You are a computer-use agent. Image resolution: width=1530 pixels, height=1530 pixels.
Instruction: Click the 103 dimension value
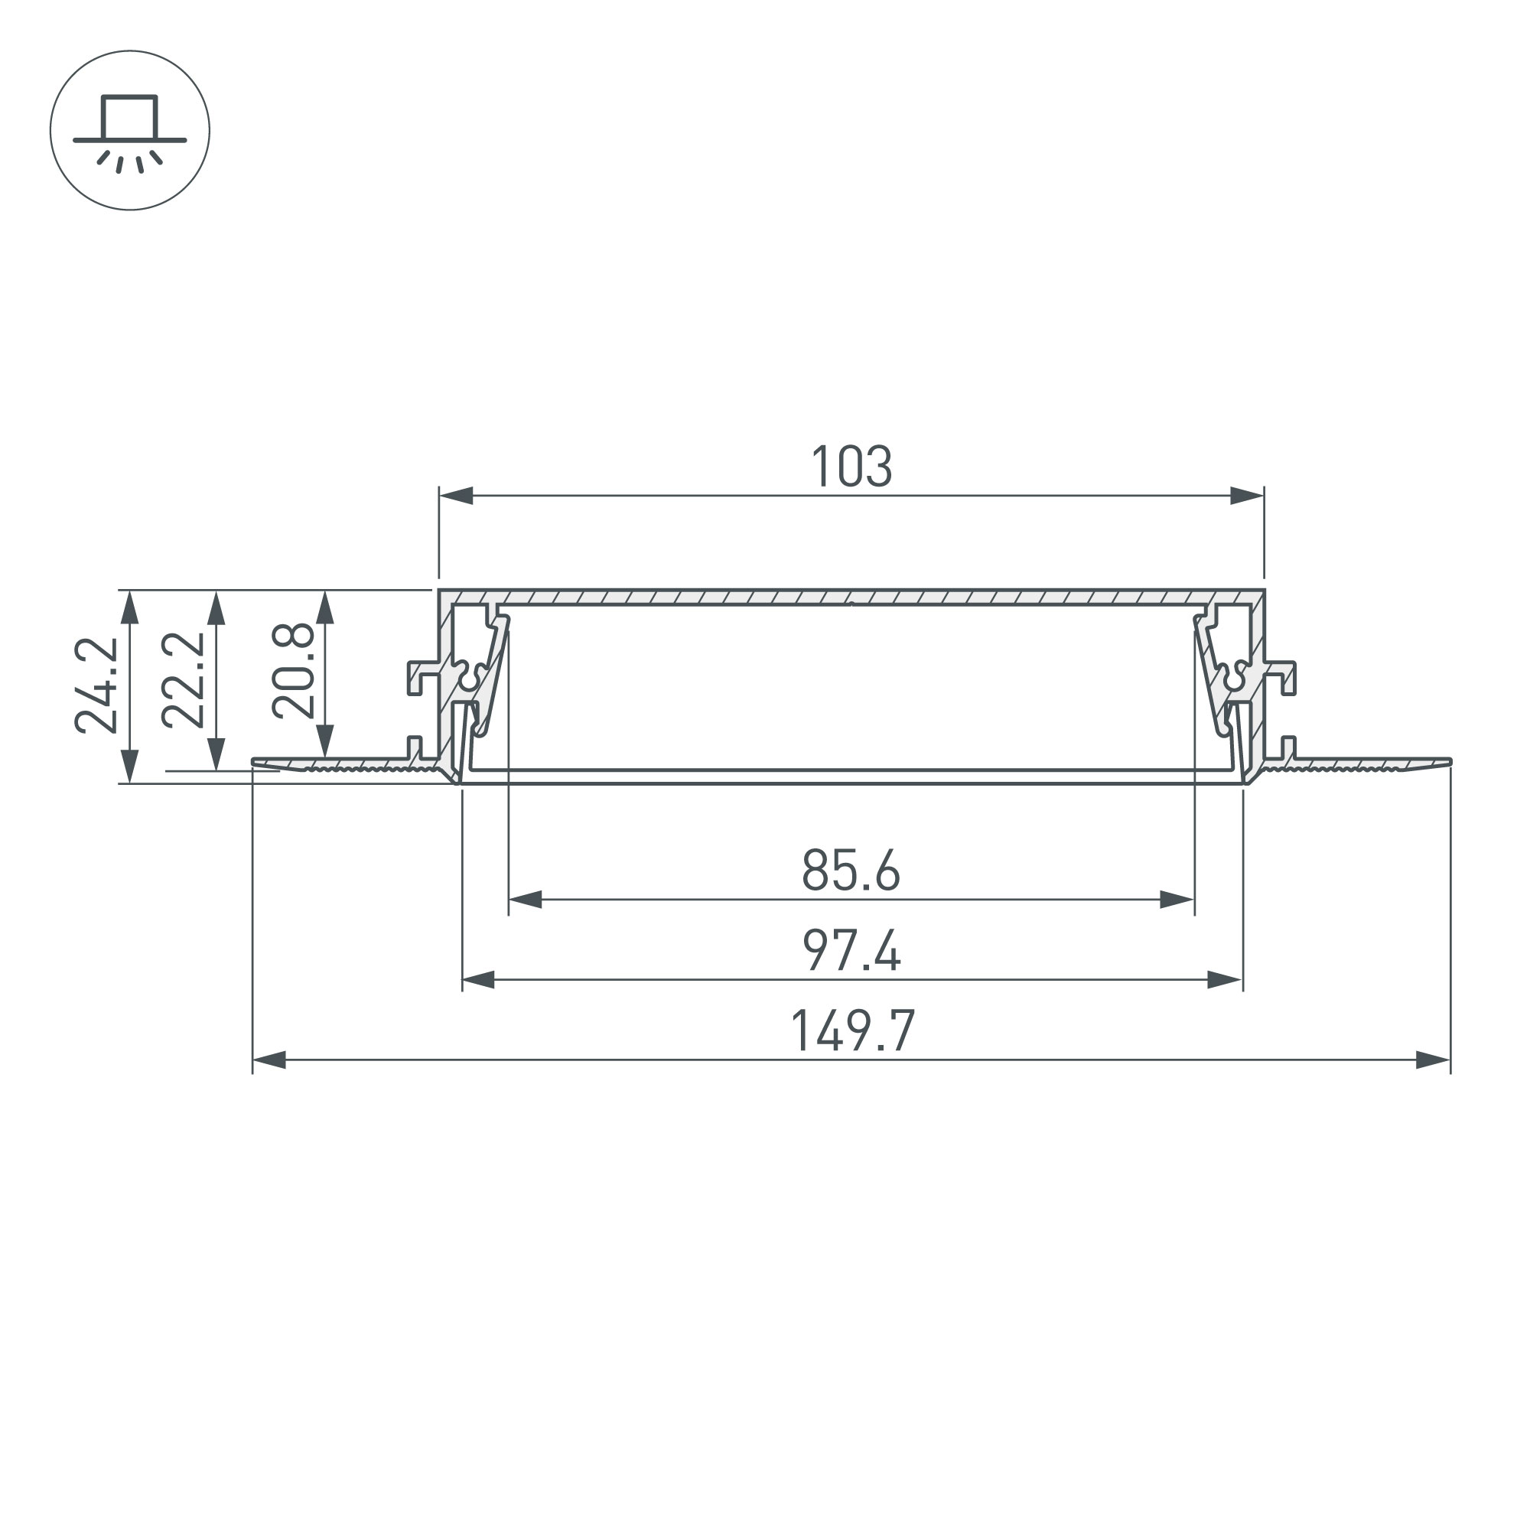851,467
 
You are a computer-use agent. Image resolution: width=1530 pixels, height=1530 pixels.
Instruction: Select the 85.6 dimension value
851,871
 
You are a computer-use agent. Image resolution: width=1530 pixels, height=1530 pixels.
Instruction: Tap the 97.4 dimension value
851,950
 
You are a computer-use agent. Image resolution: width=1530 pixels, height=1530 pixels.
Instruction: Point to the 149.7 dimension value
853,1030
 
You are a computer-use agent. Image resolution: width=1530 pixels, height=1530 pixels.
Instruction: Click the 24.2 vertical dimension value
96,685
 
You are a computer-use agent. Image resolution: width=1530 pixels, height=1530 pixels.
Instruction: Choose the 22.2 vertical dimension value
183,679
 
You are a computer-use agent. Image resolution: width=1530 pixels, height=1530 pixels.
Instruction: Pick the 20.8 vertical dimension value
293,672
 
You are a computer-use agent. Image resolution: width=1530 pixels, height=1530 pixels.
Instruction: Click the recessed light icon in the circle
130,133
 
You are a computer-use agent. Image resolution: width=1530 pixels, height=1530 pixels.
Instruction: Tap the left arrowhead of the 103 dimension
456,496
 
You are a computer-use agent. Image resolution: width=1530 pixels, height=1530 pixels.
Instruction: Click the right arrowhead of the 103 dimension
1246,496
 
